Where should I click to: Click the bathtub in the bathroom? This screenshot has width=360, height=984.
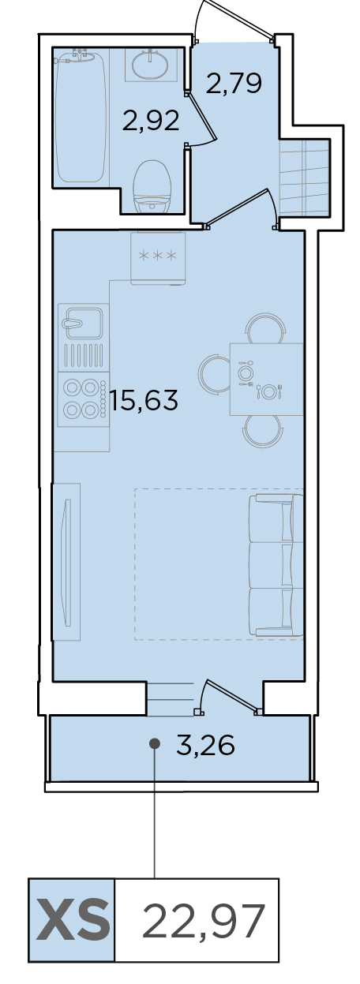click(81, 117)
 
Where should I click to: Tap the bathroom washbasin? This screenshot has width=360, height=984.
click(151, 65)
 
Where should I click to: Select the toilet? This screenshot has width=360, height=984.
click(152, 187)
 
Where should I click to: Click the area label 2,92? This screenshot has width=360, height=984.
click(151, 121)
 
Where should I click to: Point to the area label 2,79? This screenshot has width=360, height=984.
click(234, 83)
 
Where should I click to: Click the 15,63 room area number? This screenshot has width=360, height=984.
click(144, 400)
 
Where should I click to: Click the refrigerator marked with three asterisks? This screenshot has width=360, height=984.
click(158, 258)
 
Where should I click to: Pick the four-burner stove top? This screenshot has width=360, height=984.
click(84, 398)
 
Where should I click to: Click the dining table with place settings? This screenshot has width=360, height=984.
click(266, 379)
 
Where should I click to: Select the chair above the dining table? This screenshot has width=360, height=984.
click(264, 327)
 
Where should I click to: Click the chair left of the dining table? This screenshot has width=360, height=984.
click(214, 373)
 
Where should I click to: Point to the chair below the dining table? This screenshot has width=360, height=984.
click(262, 432)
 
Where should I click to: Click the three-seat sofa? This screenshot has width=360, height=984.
click(276, 565)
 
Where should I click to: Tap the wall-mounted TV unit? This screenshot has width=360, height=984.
click(67, 562)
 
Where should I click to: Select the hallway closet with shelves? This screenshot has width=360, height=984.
click(305, 178)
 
